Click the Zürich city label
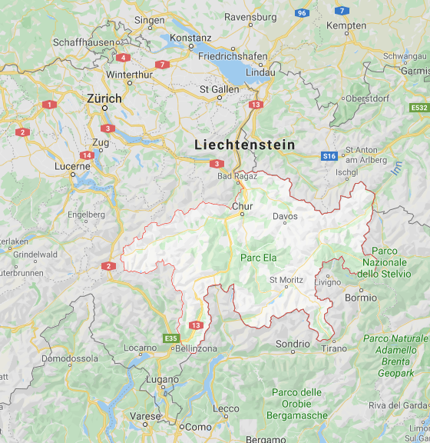(x=104, y=98)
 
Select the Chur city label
(x=242, y=206)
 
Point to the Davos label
(x=285, y=217)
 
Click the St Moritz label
(x=286, y=280)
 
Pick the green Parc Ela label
(x=259, y=257)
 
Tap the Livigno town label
(x=328, y=282)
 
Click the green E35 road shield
(x=171, y=338)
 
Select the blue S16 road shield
(x=329, y=156)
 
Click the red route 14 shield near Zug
(x=87, y=155)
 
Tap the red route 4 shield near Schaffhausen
(x=124, y=57)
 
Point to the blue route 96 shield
(x=303, y=12)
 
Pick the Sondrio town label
(x=293, y=344)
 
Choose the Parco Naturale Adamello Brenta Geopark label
(x=395, y=355)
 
